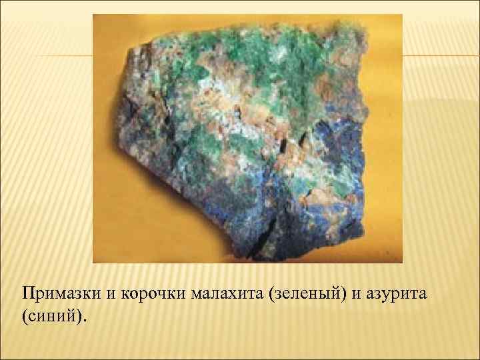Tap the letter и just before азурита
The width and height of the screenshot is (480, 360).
click(363, 293)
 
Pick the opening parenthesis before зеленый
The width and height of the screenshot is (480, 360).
click(269, 293)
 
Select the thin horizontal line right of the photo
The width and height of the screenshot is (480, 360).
click(440, 55)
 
